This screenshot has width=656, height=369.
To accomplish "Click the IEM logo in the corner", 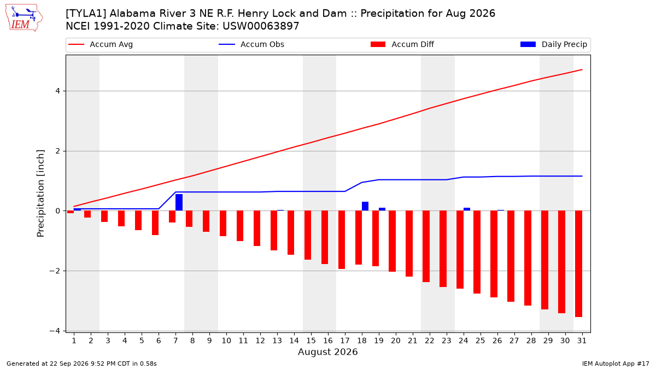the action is [24, 17].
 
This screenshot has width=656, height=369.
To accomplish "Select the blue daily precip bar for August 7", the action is [179, 202].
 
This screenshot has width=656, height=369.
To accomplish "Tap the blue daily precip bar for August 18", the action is [365, 206].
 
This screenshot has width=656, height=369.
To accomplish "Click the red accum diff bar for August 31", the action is [579, 264].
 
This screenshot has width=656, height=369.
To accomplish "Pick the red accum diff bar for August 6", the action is [155, 223].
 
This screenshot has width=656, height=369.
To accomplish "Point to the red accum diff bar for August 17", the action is [342, 240].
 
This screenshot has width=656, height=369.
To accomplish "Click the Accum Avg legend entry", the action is [101, 44].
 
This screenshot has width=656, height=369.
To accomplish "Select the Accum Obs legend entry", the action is [251, 44].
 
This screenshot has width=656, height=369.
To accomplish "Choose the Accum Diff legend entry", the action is [402, 44].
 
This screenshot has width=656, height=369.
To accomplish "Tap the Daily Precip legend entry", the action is [553, 44].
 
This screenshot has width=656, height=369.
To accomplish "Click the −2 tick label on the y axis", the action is [55, 271].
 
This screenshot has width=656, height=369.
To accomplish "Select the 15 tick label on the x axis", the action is [311, 341].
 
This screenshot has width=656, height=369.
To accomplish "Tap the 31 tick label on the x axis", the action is [582, 341].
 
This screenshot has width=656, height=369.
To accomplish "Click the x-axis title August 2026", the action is [327, 352].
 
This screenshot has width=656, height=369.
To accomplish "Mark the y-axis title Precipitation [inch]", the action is [40, 194].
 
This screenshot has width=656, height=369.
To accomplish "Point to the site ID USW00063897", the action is [261, 26].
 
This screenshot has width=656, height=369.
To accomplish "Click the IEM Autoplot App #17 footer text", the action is [616, 364].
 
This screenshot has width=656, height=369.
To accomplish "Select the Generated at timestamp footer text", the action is [81, 364].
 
